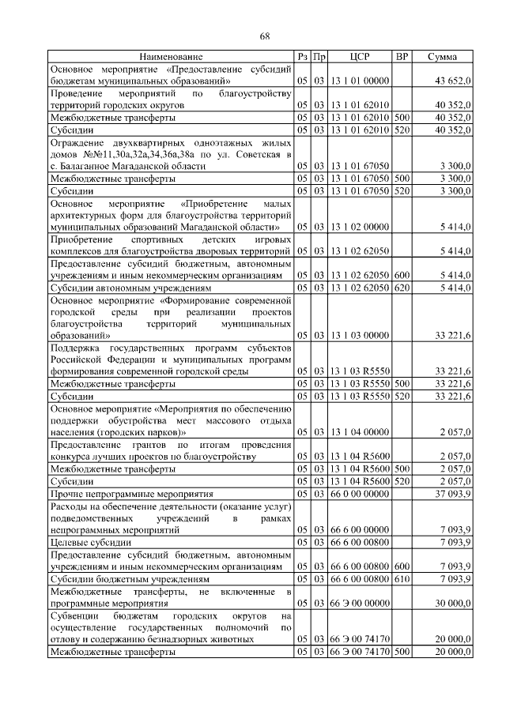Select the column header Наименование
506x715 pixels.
(x=171, y=57)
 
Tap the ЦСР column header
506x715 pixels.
(x=360, y=57)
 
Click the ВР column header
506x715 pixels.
(x=402, y=57)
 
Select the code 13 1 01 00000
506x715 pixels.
(x=360, y=81)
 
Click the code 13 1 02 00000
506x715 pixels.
(x=360, y=227)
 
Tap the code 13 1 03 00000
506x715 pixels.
(x=360, y=335)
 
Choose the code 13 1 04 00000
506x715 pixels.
(x=360, y=431)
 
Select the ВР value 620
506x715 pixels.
(x=402, y=289)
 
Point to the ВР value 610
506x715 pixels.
(x=402, y=578)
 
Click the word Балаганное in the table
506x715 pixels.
(x=87, y=166)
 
